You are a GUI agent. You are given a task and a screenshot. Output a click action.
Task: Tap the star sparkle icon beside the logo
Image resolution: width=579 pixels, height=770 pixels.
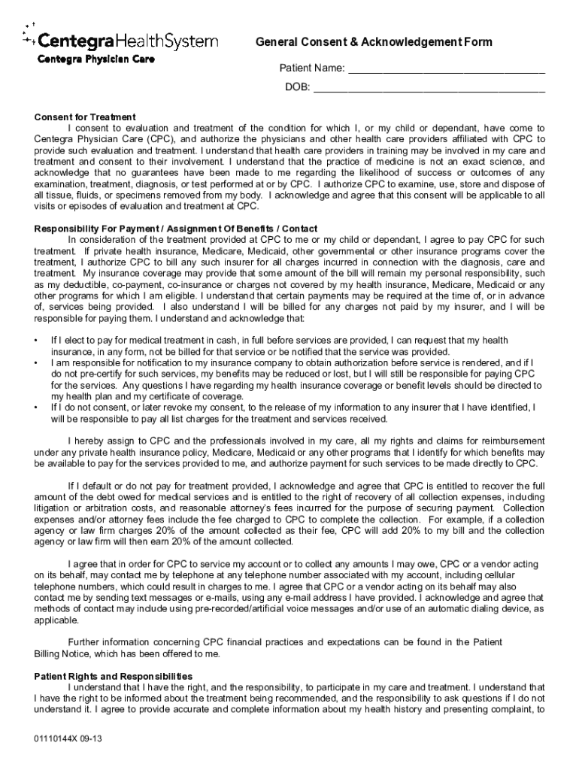coord(29,35)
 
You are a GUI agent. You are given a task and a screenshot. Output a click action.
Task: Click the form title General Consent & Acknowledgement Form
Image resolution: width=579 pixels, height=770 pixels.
coord(374,42)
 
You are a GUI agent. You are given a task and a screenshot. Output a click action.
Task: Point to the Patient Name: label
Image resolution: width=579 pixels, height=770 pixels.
coord(313,69)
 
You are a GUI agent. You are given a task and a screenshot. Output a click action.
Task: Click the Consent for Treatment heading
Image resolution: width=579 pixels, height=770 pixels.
coord(85,117)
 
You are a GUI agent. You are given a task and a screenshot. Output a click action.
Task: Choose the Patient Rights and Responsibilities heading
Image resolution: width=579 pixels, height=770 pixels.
coord(114,676)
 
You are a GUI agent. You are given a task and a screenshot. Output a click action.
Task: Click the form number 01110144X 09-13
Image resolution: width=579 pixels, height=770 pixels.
coord(68,738)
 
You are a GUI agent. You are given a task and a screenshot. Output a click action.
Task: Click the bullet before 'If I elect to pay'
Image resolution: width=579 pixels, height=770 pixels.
coord(37,341)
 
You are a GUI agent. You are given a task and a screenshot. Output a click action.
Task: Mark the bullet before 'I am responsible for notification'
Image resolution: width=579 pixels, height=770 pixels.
coord(37,363)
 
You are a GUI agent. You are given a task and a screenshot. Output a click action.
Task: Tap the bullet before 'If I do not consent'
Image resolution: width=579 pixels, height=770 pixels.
coord(37,407)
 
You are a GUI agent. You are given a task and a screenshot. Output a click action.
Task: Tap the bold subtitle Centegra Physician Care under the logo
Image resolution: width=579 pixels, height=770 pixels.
coord(86,59)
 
